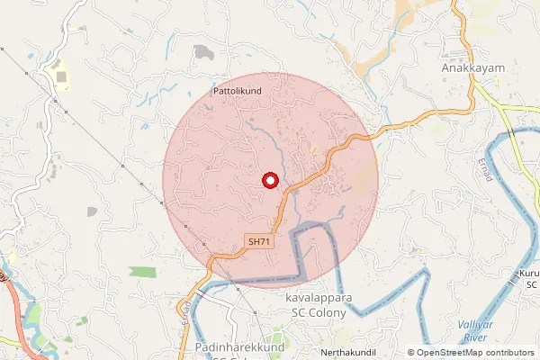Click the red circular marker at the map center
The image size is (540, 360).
tap(269, 180)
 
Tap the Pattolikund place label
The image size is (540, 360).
tap(238, 92)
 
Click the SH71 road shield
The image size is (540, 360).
tap(259, 241)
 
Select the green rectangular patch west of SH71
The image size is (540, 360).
tap(142, 271)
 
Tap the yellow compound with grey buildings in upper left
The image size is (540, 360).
tap(62, 76)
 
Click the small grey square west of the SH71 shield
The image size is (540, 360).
tap(92, 211)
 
